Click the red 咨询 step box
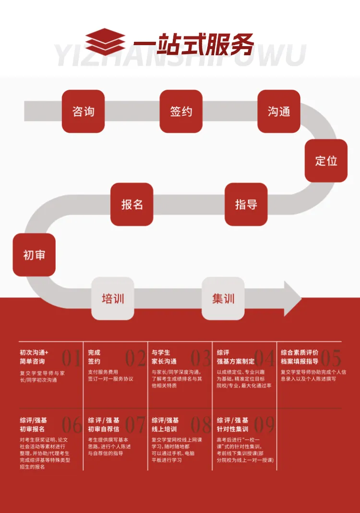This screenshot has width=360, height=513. (83, 111)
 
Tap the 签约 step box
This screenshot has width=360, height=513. (181, 111)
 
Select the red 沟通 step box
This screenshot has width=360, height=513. (279, 111)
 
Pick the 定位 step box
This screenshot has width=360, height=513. (326, 160)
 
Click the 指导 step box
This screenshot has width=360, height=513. (246, 204)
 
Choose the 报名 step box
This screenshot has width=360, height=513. (132, 204)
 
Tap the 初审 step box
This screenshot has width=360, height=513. (34, 255)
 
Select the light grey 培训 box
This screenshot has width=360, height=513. (113, 298)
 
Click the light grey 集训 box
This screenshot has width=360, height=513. (223, 298)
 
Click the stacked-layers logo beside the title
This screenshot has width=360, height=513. (105, 42)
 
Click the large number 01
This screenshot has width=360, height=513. (71, 358)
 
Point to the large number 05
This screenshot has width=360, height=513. (331, 358)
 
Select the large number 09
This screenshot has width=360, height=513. (264, 425)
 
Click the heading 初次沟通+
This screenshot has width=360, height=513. (34, 352)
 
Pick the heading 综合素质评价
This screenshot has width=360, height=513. (300, 352)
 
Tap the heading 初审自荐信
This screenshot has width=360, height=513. (104, 428)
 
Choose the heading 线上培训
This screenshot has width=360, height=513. (164, 428)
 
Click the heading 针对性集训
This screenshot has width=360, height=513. (233, 428)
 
